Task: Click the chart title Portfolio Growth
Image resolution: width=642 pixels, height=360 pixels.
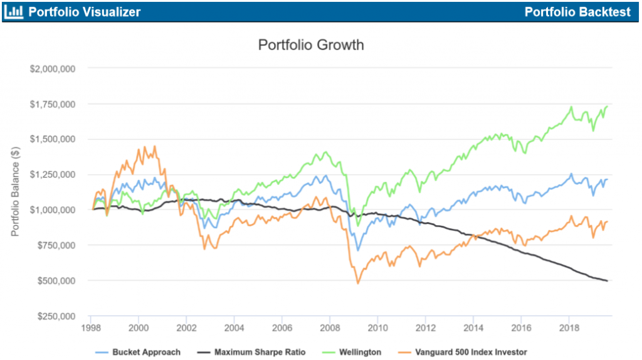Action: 311,45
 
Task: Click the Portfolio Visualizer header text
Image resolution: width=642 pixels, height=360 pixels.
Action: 85,12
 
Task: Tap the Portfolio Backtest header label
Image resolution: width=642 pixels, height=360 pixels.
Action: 577,12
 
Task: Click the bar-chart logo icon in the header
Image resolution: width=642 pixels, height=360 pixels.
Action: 14,12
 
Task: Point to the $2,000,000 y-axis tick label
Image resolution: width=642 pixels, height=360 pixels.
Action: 53,68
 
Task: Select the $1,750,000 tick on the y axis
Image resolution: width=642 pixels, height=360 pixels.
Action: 53,104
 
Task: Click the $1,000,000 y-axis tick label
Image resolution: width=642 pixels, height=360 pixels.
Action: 53,210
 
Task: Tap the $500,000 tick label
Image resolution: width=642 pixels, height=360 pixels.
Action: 56,281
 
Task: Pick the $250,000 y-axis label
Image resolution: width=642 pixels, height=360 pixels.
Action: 56,316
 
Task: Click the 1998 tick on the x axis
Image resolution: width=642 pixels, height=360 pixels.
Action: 90,327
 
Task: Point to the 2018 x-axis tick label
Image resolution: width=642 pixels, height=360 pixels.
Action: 569,327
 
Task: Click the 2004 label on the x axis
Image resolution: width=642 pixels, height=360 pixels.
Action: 234,327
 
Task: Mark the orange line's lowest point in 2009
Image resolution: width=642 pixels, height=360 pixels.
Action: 358,283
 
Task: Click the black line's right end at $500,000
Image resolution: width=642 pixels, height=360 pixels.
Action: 607,280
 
